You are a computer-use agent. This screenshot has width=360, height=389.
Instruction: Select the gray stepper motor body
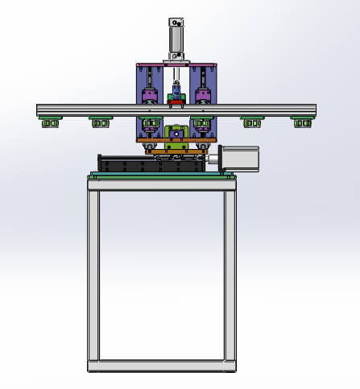click(x=240, y=159)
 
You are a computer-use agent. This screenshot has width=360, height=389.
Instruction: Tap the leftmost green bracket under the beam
click(x=51, y=122)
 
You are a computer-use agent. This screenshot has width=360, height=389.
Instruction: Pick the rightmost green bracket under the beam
click(x=302, y=122)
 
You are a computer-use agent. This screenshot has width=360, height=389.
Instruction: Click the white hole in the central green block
click(x=176, y=132)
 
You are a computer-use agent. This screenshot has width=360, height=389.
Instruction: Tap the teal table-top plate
click(x=161, y=173)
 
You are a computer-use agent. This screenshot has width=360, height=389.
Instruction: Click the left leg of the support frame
click(x=93, y=274)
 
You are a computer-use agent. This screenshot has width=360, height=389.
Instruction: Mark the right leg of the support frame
click(x=231, y=274)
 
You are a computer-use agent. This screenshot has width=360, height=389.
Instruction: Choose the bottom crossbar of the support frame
click(x=162, y=366)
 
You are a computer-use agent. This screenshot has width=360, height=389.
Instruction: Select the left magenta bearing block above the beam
click(x=148, y=97)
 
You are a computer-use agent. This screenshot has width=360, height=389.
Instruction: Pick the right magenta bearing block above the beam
click(x=203, y=97)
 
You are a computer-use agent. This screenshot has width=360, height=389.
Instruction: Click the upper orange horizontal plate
click(x=175, y=141)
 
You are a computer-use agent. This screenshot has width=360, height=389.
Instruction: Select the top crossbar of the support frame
click(x=162, y=183)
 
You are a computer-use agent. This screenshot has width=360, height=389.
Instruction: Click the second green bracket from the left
click(x=100, y=122)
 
